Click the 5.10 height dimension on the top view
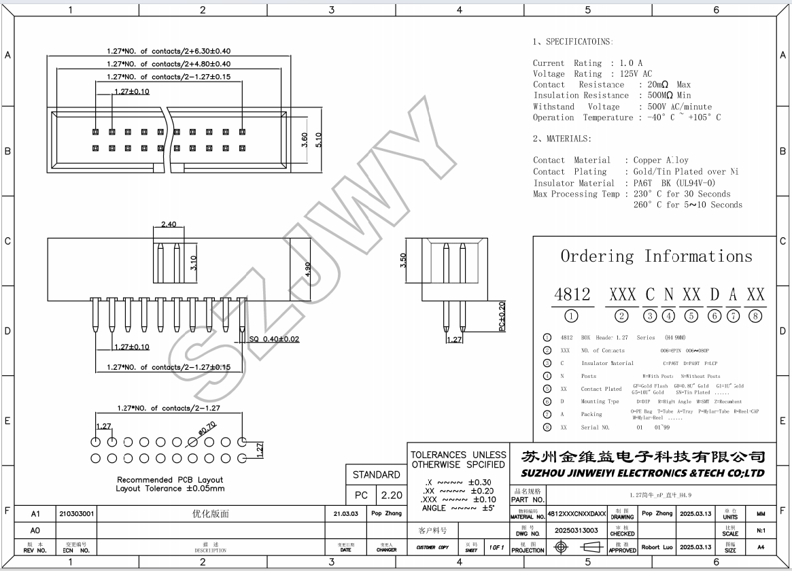318,139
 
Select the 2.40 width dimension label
169,224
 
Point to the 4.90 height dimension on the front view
308,269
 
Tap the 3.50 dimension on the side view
402,260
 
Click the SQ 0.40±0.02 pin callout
274,339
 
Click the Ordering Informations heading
656,256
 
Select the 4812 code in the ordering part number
572,295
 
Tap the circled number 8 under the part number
755,315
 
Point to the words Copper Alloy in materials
660,160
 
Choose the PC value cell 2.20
391,496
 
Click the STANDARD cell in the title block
376,474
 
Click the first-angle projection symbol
574,547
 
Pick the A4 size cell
761,547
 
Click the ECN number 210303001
77,514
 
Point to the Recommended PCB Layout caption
170,480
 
